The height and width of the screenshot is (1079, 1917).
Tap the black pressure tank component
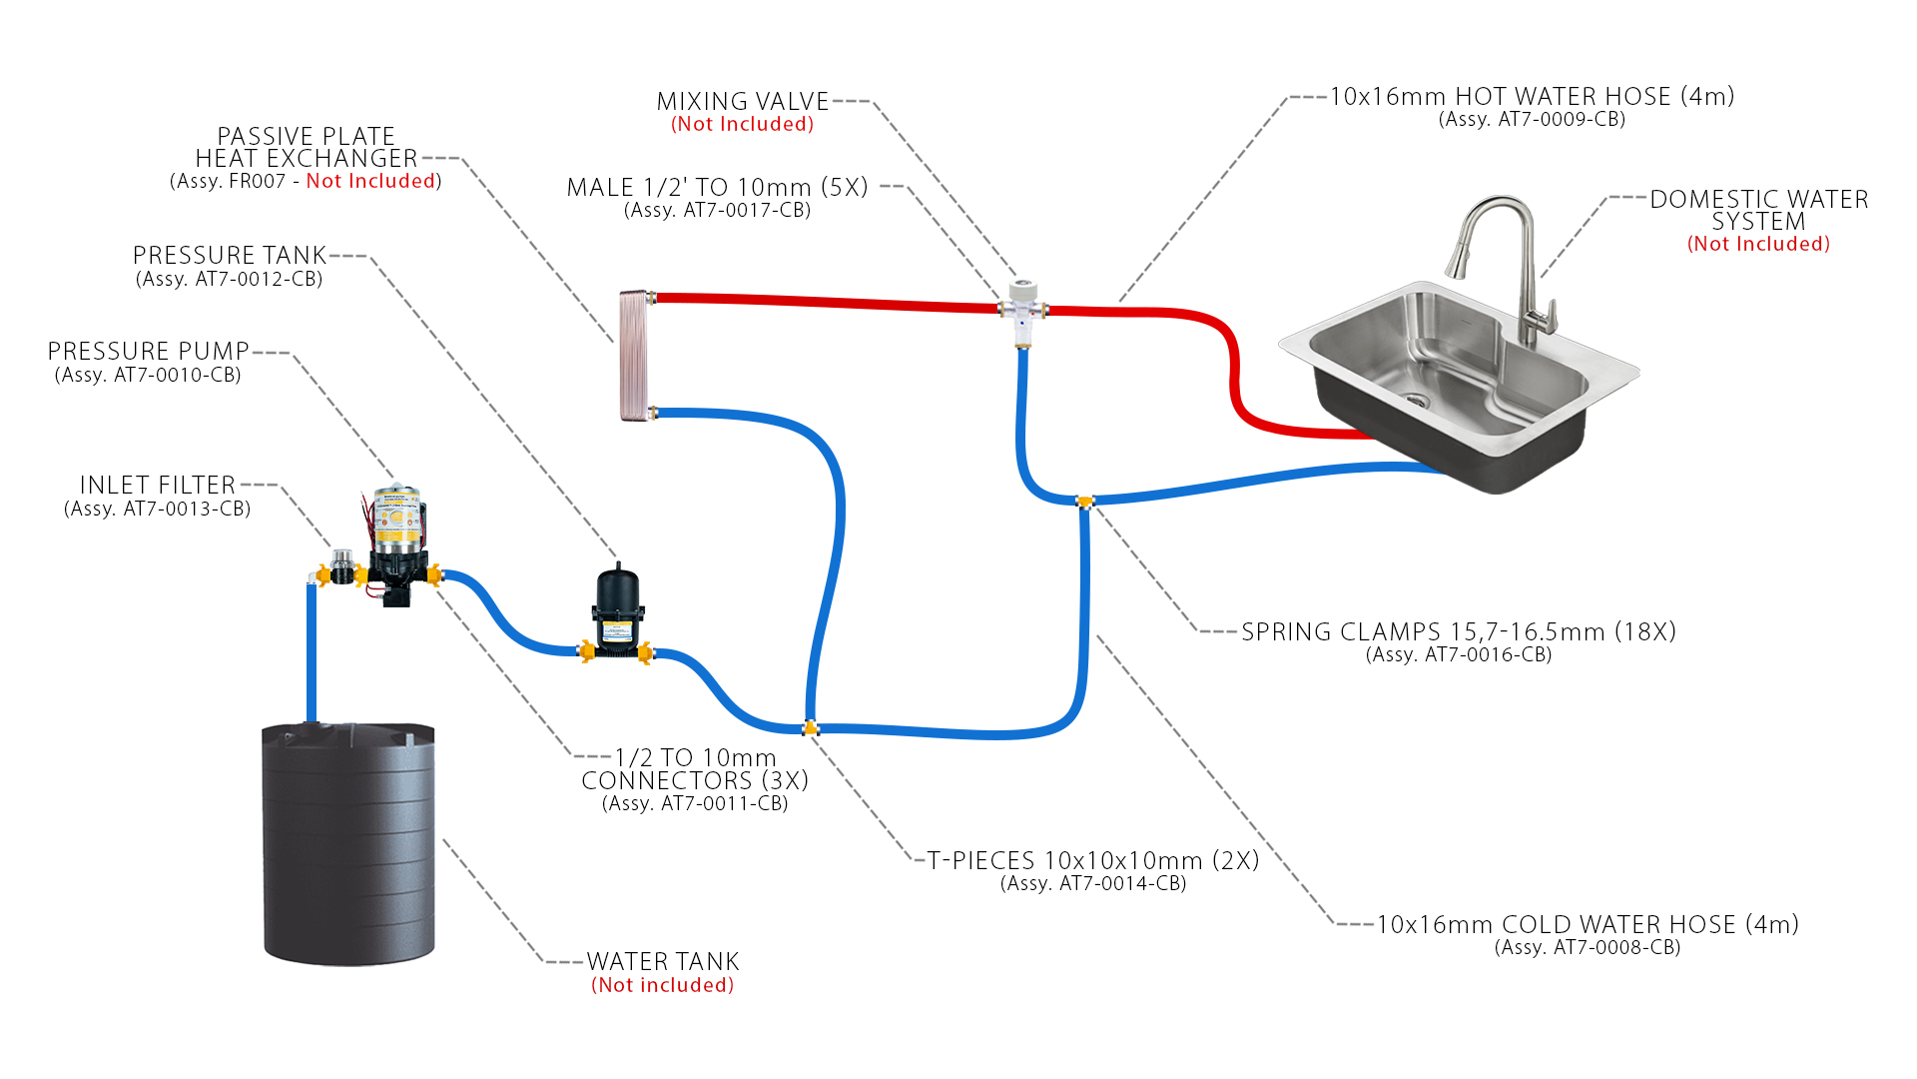pyautogui.click(x=616, y=609)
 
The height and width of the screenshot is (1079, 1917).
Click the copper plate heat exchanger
pyautogui.click(x=634, y=355)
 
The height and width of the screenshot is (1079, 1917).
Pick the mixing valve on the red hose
pyautogui.click(x=1022, y=310)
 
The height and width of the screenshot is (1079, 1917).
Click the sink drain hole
pyautogui.click(x=1416, y=401)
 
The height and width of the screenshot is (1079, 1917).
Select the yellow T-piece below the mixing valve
pyautogui.click(x=1084, y=502)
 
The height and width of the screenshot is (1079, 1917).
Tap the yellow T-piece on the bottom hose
pyautogui.click(x=811, y=727)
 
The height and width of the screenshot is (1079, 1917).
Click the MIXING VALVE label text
pyautogui.click(x=742, y=102)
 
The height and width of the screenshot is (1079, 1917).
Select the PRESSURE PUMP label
pyautogui.click(x=148, y=352)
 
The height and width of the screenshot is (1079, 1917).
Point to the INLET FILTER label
pyautogui.click(x=157, y=486)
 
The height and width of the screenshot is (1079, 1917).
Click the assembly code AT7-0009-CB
pyautogui.click(x=1532, y=120)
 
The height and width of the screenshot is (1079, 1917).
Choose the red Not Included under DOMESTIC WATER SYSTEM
pyautogui.click(x=1758, y=245)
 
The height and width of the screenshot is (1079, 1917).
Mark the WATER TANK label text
pyautogui.click(x=662, y=962)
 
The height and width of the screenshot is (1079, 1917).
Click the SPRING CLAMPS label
pyautogui.click(x=1458, y=632)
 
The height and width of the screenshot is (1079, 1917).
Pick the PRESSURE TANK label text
pyautogui.click(x=230, y=256)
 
